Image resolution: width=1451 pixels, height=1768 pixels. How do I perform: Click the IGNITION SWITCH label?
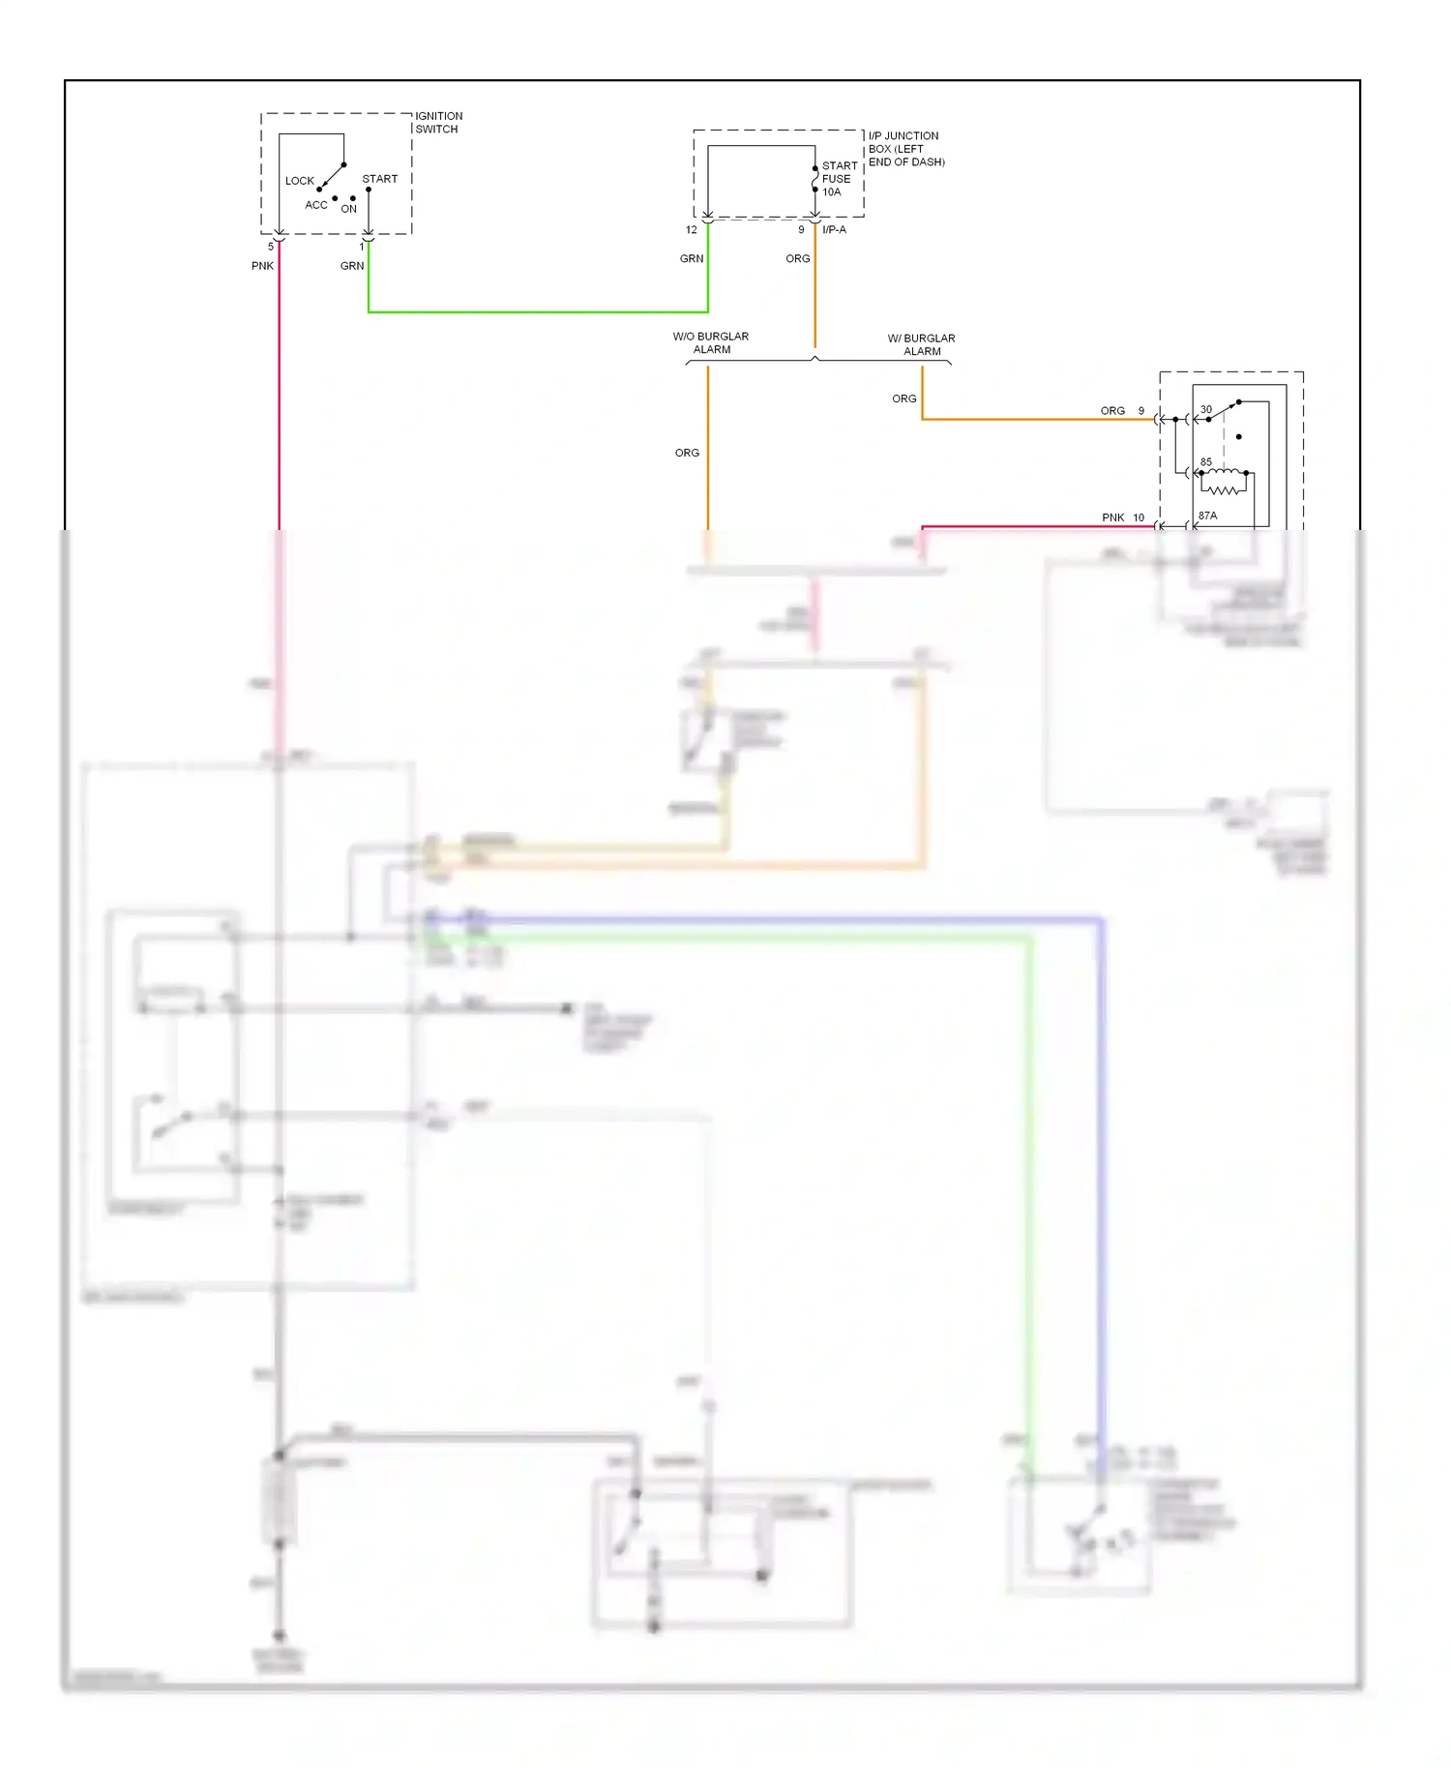click(438, 122)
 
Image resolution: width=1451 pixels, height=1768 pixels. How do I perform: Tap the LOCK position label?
click(299, 181)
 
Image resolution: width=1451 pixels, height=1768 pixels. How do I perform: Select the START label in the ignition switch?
click(379, 179)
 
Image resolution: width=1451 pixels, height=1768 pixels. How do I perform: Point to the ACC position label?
click(315, 205)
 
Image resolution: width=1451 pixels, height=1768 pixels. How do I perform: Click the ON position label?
click(348, 209)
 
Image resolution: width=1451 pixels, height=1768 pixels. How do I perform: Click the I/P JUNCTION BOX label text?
click(904, 149)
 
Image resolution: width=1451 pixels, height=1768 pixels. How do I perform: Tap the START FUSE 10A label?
click(838, 179)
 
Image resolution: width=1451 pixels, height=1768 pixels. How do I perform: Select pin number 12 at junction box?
click(691, 230)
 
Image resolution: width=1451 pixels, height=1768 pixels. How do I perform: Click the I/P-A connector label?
click(834, 230)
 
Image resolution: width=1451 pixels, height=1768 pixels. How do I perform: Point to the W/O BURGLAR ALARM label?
click(711, 343)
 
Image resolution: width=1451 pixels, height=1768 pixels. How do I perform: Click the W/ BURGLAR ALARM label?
click(921, 345)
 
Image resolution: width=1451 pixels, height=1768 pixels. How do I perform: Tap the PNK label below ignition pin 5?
click(262, 266)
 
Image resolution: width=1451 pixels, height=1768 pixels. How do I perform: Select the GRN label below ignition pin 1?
click(352, 266)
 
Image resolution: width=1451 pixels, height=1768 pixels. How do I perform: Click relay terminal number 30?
click(1205, 410)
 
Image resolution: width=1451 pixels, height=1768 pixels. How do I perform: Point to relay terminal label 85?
click(1205, 462)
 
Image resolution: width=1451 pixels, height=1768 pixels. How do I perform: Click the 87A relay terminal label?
click(1207, 516)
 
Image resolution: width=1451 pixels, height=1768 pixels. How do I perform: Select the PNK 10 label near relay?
click(1122, 517)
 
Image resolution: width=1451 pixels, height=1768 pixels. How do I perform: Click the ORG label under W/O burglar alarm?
click(687, 453)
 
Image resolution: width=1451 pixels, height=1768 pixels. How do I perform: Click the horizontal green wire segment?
click(537, 311)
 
